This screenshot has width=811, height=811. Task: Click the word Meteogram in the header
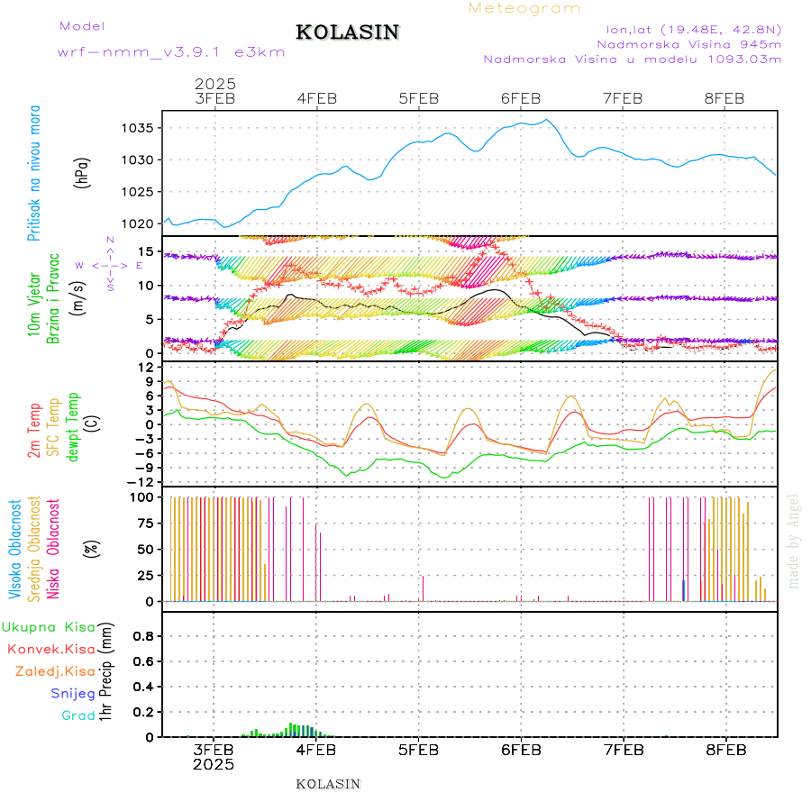(524, 8)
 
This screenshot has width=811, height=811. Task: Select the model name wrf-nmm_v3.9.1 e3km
(170, 52)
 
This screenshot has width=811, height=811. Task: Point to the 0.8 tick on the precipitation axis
(142, 636)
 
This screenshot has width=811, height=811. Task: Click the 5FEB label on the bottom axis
(418, 750)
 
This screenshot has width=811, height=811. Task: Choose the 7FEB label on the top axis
(623, 98)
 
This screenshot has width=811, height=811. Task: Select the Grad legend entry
(78, 715)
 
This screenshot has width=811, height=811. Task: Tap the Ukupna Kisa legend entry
(49, 626)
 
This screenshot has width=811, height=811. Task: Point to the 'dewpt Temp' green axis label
(74, 427)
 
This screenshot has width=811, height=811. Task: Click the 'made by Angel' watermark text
(794, 541)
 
